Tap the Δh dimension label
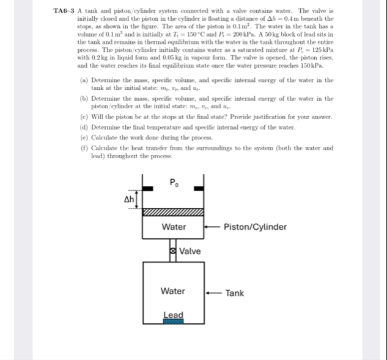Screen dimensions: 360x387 [x=130, y=199]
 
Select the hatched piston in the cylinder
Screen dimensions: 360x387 [x=174, y=213]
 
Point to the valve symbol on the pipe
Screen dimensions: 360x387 [x=173, y=251]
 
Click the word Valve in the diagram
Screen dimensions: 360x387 [x=190, y=251]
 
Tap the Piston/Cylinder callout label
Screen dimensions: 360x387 [x=256, y=227]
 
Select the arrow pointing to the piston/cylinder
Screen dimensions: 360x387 [x=213, y=227]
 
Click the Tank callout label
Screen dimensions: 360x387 [x=234, y=293]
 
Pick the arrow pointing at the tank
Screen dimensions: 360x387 [x=214, y=293]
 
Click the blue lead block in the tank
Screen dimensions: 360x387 [x=173, y=320]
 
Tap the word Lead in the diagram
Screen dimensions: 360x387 [x=173, y=314]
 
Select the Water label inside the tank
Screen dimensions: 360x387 [x=173, y=292]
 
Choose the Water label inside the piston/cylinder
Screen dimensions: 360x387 [x=174, y=227]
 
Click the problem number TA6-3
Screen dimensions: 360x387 [x=64, y=12]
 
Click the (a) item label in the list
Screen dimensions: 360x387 [x=84, y=80]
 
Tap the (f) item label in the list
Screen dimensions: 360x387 [x=84, y=147]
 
